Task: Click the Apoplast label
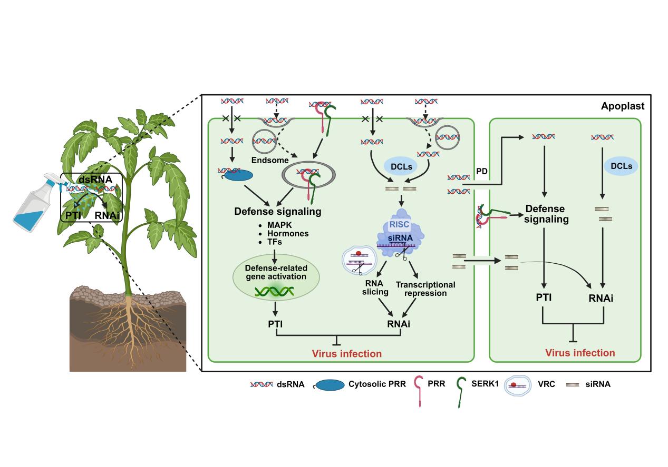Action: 622,106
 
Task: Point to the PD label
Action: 481,172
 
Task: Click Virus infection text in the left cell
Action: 346,353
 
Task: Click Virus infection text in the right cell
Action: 580,353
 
